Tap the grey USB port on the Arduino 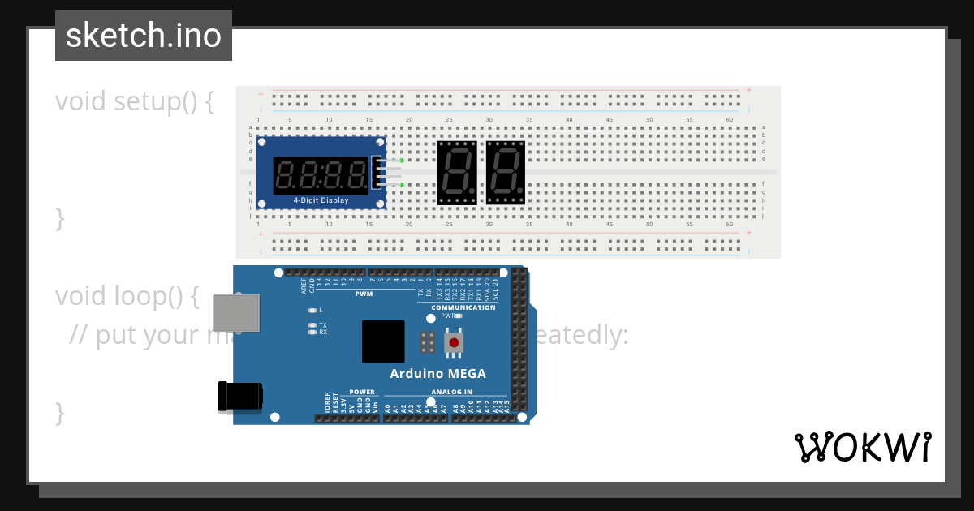pos(236,313)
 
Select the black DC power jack pos(239,396)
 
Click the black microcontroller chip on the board pos(383,341)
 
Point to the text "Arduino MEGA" pos(437,374)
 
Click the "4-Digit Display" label pos(321,200)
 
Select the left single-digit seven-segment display pos(457,173)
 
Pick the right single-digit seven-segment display pos(506,173)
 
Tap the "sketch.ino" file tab pos(144,36)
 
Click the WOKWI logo pos(862,447)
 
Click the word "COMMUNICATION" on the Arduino pos(463,307)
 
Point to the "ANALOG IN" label pos(451,392)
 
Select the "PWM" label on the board pos(364,294)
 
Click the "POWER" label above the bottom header pos(362,392)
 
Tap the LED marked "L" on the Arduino pos(312,310)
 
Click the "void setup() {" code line pos(135,102)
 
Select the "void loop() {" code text pos(127,296)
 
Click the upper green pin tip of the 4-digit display pos(402,161)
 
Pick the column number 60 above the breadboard pos(730,120)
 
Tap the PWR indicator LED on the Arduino pos(458,316)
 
